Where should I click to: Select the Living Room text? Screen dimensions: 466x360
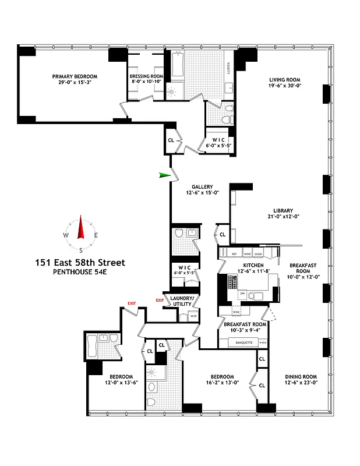(284, 80)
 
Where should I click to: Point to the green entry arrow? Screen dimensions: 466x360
(166, 175)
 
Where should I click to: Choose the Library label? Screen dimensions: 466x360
(283, 211)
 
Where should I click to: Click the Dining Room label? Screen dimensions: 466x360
(301, 376)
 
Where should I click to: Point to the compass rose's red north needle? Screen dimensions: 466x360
(81, 228)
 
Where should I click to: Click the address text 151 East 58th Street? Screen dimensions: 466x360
(80, 263)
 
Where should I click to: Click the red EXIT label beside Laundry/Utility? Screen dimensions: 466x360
(160, 300)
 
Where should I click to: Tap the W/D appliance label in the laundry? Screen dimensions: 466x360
(193, 316)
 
